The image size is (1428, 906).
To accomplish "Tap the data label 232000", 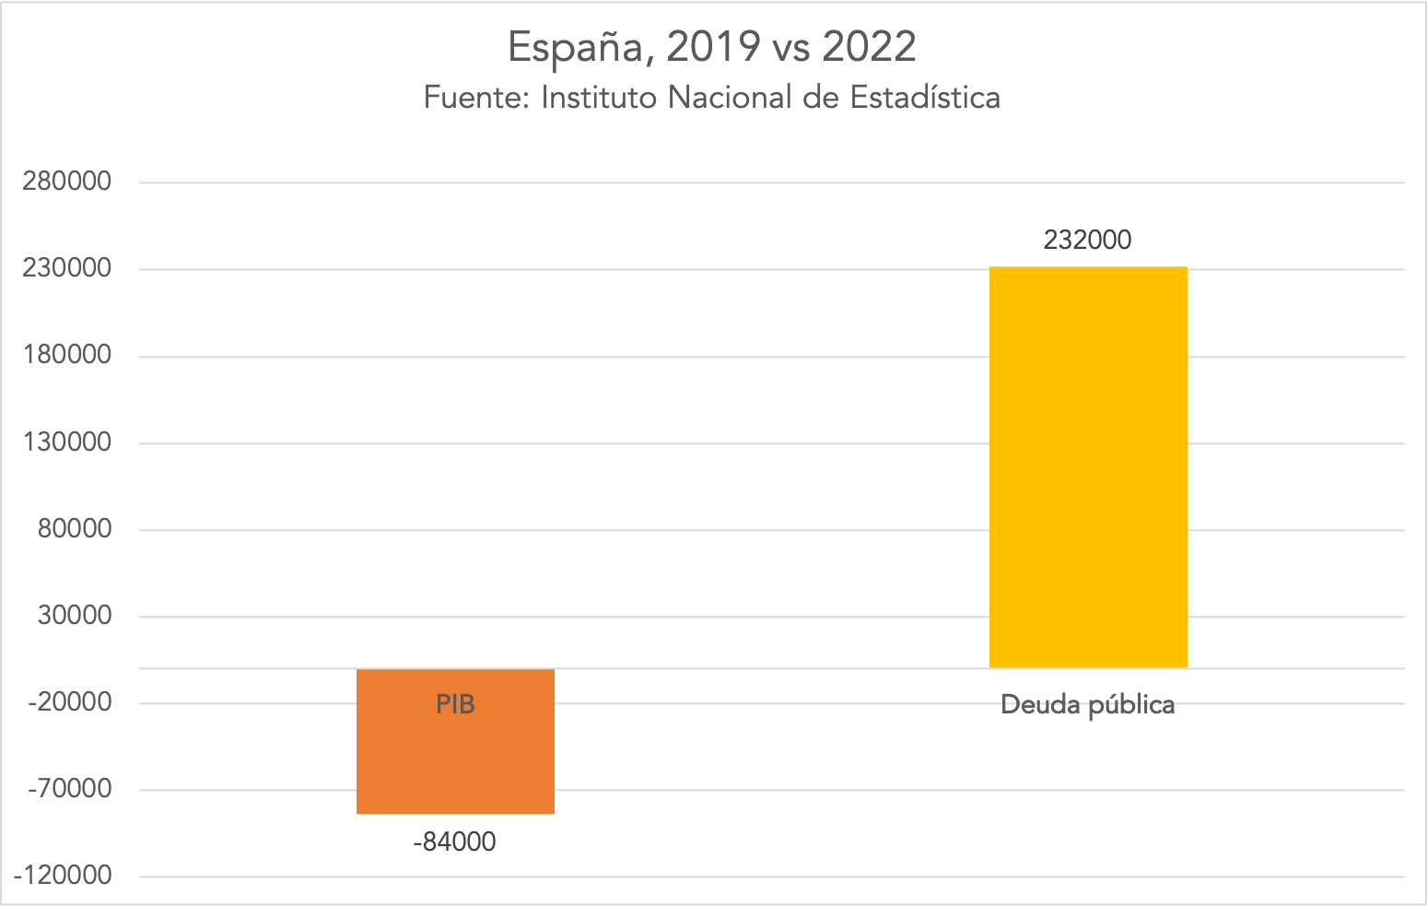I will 1087,240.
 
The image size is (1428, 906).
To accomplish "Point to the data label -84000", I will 454,842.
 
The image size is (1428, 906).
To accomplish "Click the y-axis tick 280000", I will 67,182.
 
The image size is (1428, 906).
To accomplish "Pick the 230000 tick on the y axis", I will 67,268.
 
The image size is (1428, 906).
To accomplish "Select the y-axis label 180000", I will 67,355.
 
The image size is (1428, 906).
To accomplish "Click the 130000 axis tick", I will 67,441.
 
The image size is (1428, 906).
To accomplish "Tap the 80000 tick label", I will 74,528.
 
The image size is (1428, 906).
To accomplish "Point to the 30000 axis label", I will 74,615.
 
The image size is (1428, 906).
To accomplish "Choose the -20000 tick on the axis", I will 70,702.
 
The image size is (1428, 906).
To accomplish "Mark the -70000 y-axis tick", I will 70,789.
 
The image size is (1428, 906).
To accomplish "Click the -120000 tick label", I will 64,876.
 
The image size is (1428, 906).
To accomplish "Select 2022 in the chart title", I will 869,47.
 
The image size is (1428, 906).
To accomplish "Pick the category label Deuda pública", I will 1087,705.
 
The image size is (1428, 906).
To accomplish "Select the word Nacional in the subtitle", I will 730,98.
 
